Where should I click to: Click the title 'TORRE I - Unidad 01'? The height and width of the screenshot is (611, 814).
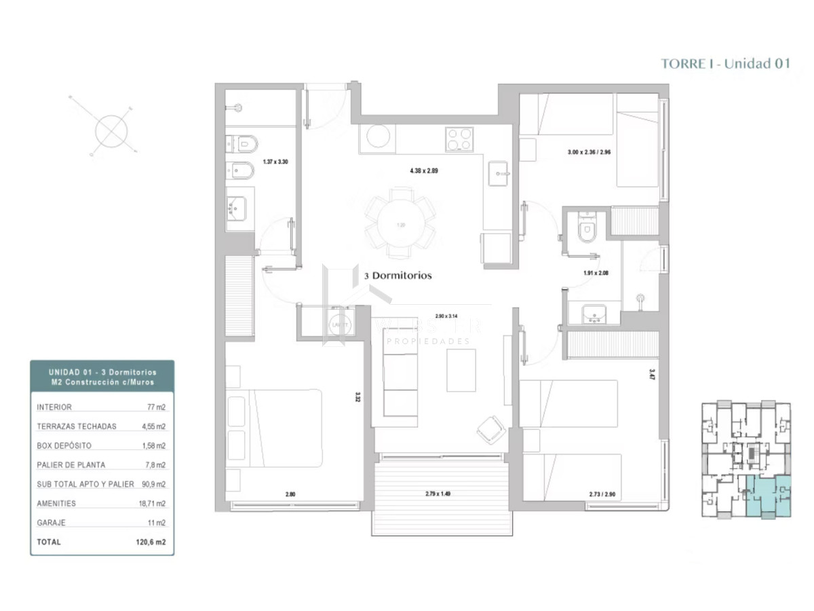(726, 64)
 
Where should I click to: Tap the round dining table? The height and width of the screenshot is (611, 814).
(400, 224)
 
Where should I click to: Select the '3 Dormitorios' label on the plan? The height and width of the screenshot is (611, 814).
(398, 276)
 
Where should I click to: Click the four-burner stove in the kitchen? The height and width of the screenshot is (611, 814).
(459, 141)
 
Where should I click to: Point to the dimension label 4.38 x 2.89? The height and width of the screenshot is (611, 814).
(423, 171)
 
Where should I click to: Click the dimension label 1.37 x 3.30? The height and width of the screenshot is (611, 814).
(276, 163)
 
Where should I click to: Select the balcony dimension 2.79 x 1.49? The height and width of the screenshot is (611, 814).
(438, 494)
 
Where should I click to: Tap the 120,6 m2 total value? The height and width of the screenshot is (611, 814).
(151, 542)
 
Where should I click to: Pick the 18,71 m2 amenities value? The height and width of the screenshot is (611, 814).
(152, 503)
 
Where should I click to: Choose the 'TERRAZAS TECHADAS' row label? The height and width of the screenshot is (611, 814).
(77, 426)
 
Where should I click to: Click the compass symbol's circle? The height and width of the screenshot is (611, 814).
(111, 131)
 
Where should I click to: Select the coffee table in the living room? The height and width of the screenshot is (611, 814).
(461, 370)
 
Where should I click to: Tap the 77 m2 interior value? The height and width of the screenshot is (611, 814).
(157, 407)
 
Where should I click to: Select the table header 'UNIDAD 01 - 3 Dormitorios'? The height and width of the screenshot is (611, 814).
(102, 372)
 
